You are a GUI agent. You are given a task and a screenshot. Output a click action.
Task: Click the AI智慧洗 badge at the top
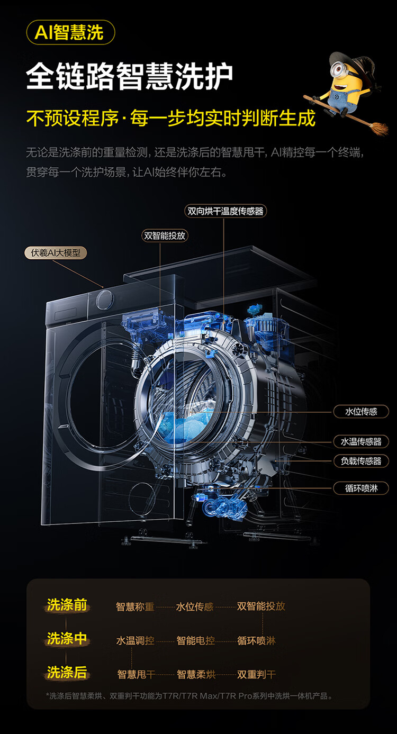tap(70, 33)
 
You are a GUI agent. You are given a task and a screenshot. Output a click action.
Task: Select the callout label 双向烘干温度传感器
tap(225, 211)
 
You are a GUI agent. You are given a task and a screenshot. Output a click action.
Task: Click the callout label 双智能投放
tap(165, 235)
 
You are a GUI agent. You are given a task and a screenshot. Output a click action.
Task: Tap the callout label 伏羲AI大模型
tap(56, 252)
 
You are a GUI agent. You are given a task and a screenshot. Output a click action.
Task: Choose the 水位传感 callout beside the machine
tap(361, 411)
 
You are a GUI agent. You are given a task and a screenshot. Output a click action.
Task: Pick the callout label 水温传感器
tap(361, 441)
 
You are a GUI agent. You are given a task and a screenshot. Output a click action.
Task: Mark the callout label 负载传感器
tap(361, 461)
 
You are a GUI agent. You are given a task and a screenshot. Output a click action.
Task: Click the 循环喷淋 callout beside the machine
tap(361, 488)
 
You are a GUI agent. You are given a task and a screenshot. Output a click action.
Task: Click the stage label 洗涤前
tap(67, 605)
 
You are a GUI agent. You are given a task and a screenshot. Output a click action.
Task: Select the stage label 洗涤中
tap(67, 639)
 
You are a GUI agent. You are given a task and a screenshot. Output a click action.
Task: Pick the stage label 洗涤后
tap(67, 673)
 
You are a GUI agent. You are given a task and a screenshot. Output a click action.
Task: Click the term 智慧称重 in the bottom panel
tap(136, 606)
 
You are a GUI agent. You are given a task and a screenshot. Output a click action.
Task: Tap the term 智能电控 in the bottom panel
tap(196, 641)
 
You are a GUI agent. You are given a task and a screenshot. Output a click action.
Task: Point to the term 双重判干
tap(257, 675)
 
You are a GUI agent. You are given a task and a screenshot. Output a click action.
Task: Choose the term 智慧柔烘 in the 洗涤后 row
tap(196, 675)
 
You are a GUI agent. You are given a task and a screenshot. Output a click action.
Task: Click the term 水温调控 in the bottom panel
tap(136, 641)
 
